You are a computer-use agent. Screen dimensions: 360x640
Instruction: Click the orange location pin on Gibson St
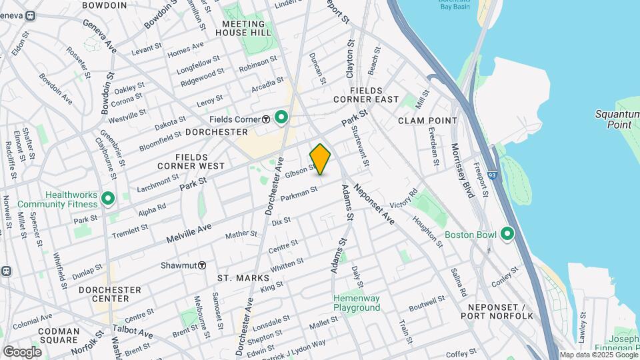(x=320, y=159)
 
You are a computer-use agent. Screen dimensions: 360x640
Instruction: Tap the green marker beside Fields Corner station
(x=281, y=118)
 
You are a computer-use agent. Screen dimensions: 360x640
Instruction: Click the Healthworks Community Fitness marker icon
(x=107, y=198)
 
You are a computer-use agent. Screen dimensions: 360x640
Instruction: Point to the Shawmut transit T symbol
(x=201, y=265)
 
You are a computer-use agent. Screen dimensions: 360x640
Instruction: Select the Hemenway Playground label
(x=357, y=303)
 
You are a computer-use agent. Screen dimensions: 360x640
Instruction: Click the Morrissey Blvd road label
(x=462, y=171)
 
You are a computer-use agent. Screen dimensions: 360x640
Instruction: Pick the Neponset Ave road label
(x=374, y=203)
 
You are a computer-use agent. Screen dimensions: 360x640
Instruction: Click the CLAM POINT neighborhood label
(x=428, y=121)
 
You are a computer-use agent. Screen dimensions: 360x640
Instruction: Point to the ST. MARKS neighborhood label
(x=243, y=277)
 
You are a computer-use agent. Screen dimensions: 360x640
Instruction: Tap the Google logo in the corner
(x=22, y=351)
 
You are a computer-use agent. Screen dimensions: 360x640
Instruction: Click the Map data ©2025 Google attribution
(x=598, y=355)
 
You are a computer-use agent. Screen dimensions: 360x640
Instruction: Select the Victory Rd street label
(x=403, y=198)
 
